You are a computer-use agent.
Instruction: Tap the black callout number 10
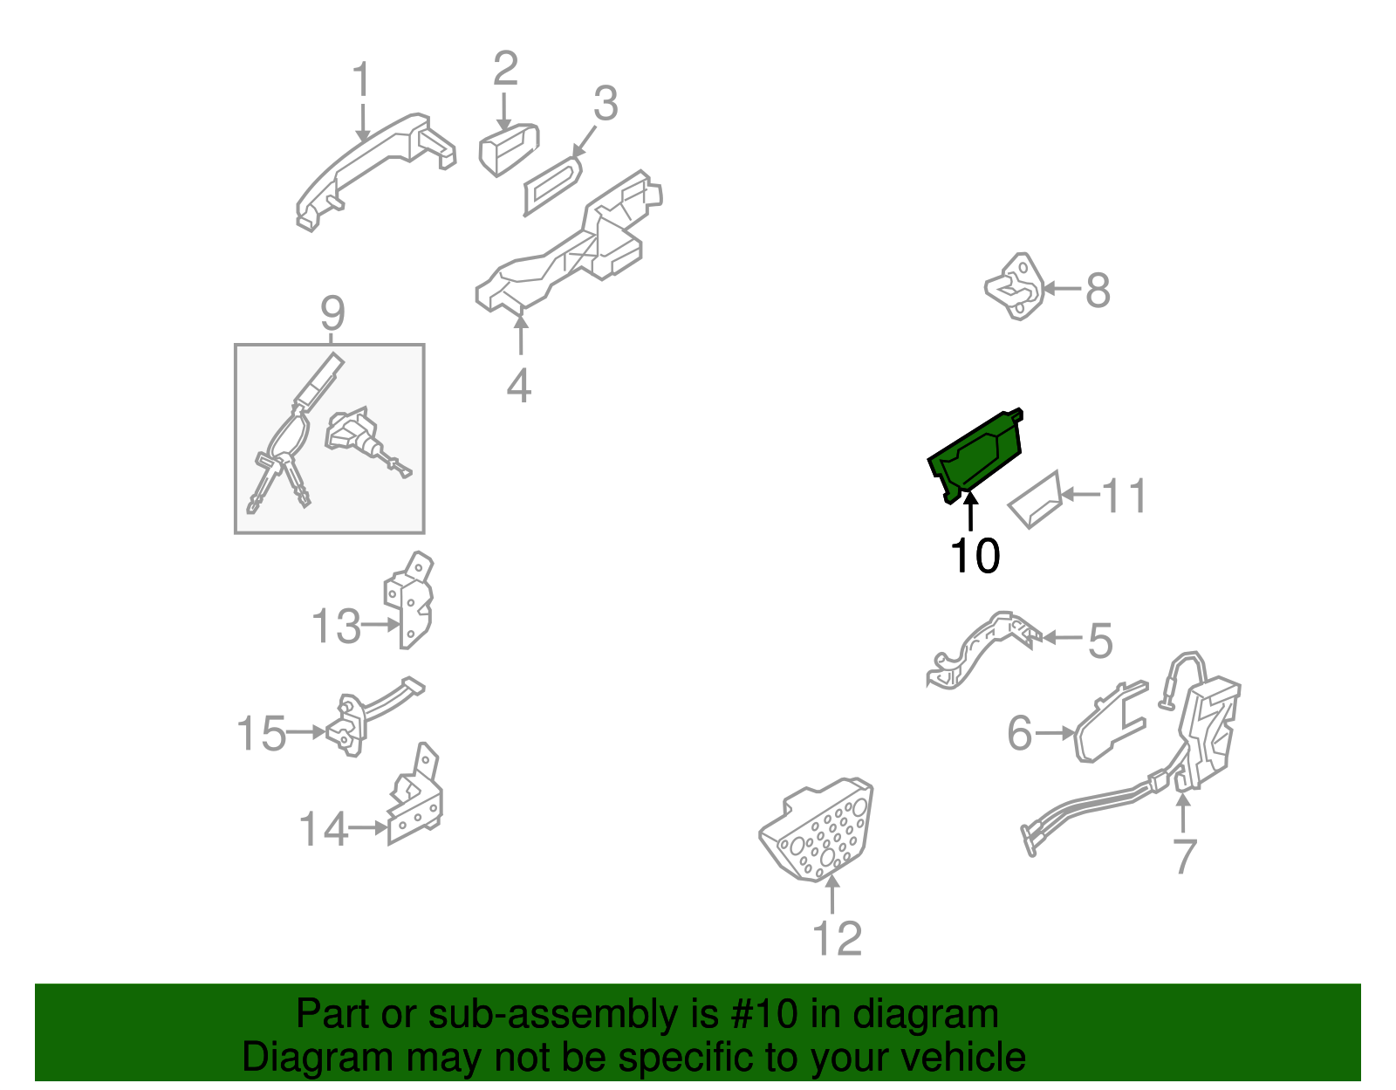975,556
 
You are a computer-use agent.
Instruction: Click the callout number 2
505,69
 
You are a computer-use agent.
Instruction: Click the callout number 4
519,386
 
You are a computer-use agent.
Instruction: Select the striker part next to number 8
1015,286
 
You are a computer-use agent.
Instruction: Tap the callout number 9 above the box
332,312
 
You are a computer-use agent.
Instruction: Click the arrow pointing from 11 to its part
1079,495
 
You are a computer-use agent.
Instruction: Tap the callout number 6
1019,733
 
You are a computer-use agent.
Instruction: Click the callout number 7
1184,856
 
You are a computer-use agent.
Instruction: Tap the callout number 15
261,733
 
